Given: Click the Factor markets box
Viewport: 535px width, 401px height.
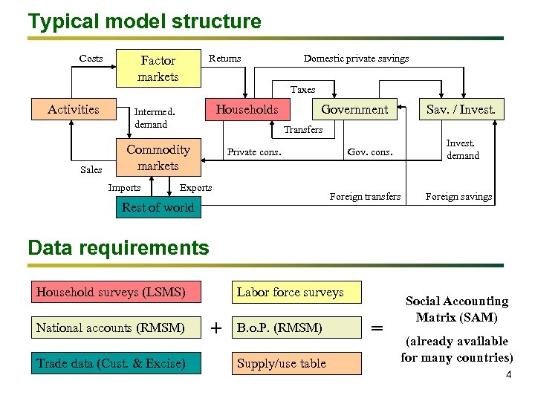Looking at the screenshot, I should [x=158, y=68].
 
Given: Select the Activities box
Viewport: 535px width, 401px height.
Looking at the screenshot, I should [x=73, y=109].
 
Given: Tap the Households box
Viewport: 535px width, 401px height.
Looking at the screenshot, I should [x=247, y=109].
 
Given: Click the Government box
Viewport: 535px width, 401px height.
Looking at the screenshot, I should [x=354, y=109].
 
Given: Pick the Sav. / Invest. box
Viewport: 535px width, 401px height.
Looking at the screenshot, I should [x=461, y=110].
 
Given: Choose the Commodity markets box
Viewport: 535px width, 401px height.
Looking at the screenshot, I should [x=158, y=157].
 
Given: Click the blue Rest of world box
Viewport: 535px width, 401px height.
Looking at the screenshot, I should [x=158, y=207].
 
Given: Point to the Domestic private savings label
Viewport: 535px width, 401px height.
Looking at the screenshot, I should [x=356, y=59].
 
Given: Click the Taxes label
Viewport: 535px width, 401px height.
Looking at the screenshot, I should [x=302, y=89].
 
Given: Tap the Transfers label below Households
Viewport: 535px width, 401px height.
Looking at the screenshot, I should [x=303, y=130].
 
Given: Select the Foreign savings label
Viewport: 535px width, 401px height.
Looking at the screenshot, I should [x=458, y=197].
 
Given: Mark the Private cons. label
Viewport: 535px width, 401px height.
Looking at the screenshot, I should [x=254, y=152].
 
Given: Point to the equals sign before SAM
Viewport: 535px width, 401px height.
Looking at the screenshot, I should [x=377, y=327].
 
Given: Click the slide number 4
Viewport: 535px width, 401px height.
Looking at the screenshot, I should [x=508, y=375].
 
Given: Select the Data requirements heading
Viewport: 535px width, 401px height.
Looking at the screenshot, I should [x=118, y=247].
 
